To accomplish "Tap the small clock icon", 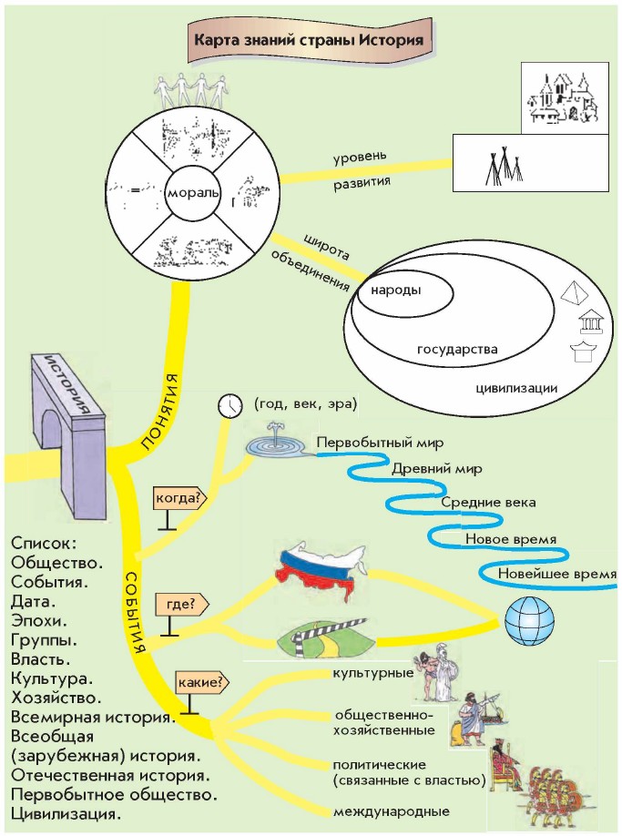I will [231, 403].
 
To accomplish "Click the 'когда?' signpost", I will [181, 498].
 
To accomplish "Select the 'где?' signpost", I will [182, 604].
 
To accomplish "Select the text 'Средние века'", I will [482, 502].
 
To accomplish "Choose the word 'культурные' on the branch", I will [371, 674].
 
